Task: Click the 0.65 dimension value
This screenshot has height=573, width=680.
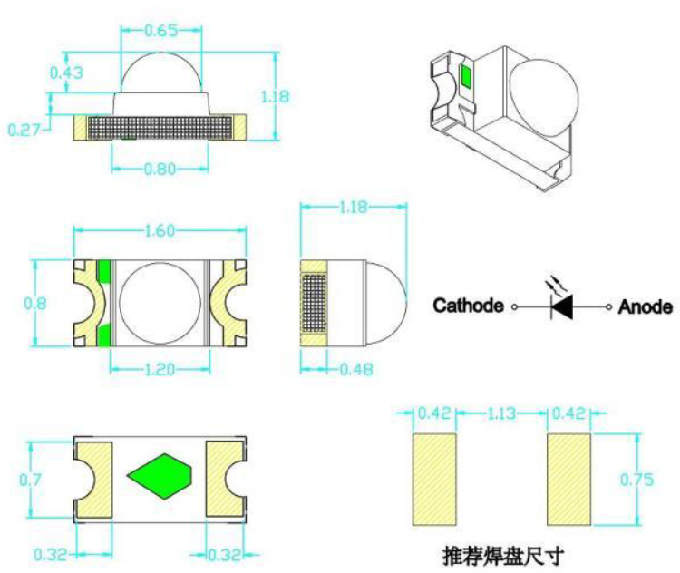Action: pyautogui.click(x=161, y=30)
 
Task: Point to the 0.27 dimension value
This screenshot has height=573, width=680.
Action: pyautogui.click(x=24, y=130)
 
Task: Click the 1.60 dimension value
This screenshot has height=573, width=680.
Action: pyautogui.click(x=160, y=230)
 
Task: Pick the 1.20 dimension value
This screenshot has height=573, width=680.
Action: pyautogui.click(x=160, y=368)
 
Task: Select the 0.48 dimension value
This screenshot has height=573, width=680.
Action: pyautogui.click(x=355, y=368)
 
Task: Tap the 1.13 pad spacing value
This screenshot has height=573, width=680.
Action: pyautogui.click(x=501, y=413)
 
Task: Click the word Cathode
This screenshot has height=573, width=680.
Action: pyautogui.click(x=468, y=306)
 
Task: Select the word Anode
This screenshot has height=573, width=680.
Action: pyautogui.click(x=646, y=306)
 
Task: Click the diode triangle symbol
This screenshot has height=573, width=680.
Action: pyautogui.click(x=562, y=306)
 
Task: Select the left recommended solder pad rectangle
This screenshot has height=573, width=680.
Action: pyautogui.click(x=435, y=479)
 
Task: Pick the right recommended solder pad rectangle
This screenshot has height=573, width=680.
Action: pyautogui.click(x=569, y=479)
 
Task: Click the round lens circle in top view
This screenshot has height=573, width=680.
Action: pyautogui.click(x=160, y=304)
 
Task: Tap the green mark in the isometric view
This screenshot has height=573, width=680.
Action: pyautogui.click(x=466, y=76)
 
